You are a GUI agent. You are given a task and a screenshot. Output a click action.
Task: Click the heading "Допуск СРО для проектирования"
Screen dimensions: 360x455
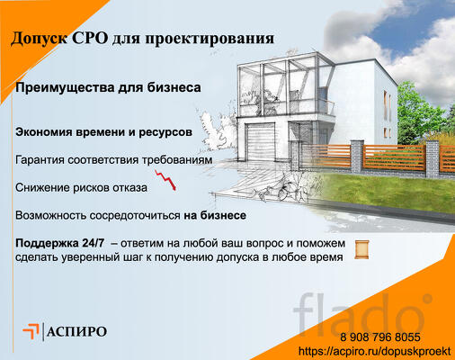pyautogui.click(x=143, y=39)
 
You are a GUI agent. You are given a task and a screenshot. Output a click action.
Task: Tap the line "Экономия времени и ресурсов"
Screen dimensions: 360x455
pyautogui.click(x=103, y=132)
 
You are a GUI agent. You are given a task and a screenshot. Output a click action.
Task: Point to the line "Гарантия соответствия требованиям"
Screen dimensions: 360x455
pyautogui.click(x=114, y=160)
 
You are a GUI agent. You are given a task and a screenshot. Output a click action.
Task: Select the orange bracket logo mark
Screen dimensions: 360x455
pyautogui.click(x=31, y=330)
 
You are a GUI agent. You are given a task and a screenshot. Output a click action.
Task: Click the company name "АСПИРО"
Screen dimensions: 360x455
pyautogui.click(x=77, y=331)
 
